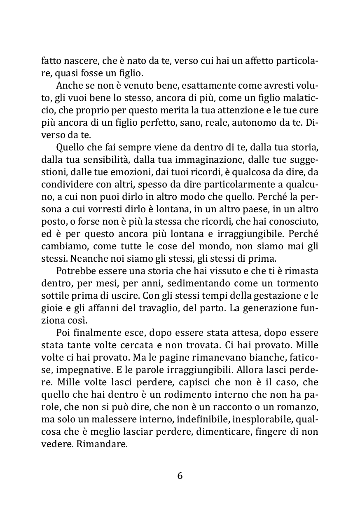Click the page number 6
180,476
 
